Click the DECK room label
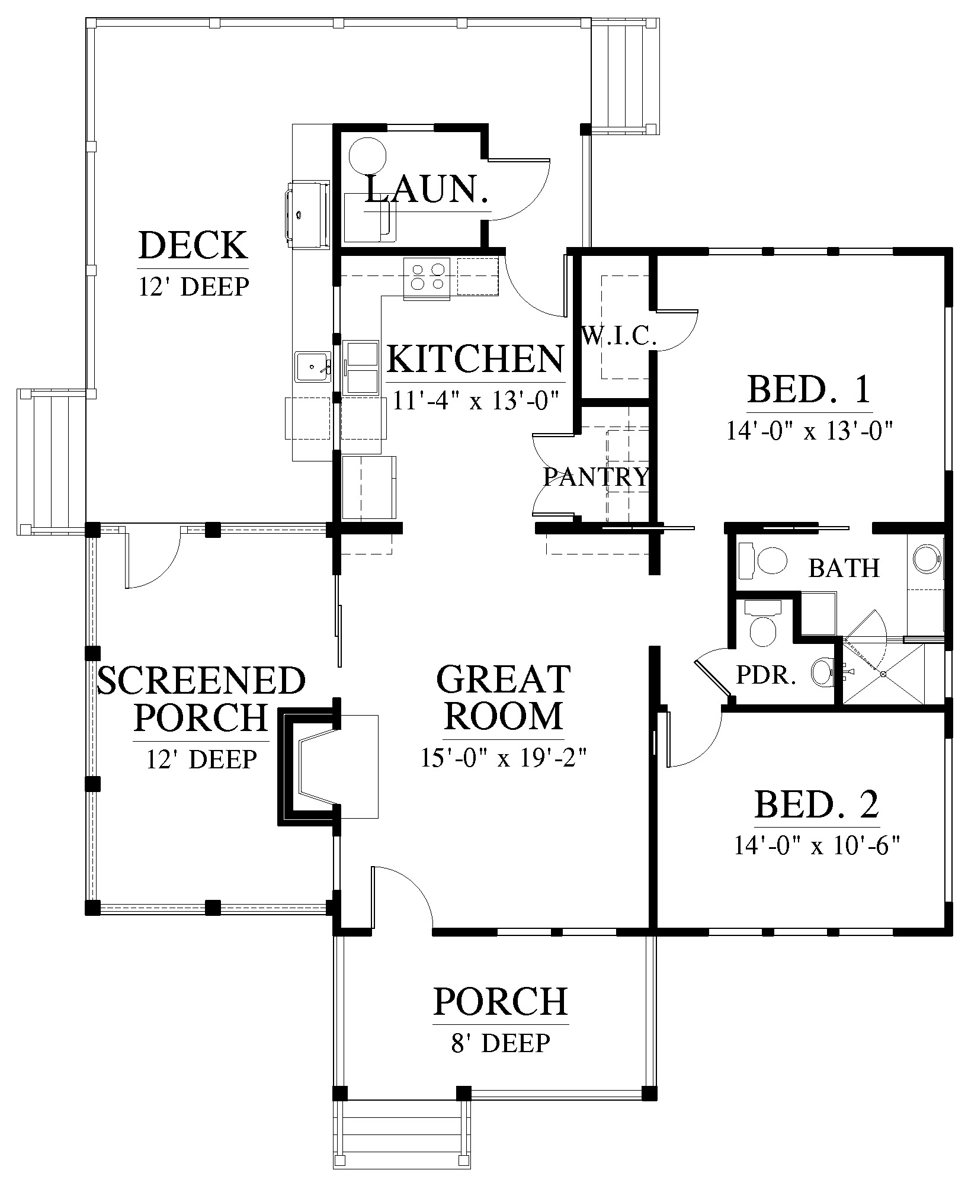193,245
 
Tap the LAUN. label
427,189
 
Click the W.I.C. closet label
620,336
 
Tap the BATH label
844,568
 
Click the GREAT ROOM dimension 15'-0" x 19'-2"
504,758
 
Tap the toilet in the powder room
762,626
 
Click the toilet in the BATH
764,560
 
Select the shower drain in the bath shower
883,674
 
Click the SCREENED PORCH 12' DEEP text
201,758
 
